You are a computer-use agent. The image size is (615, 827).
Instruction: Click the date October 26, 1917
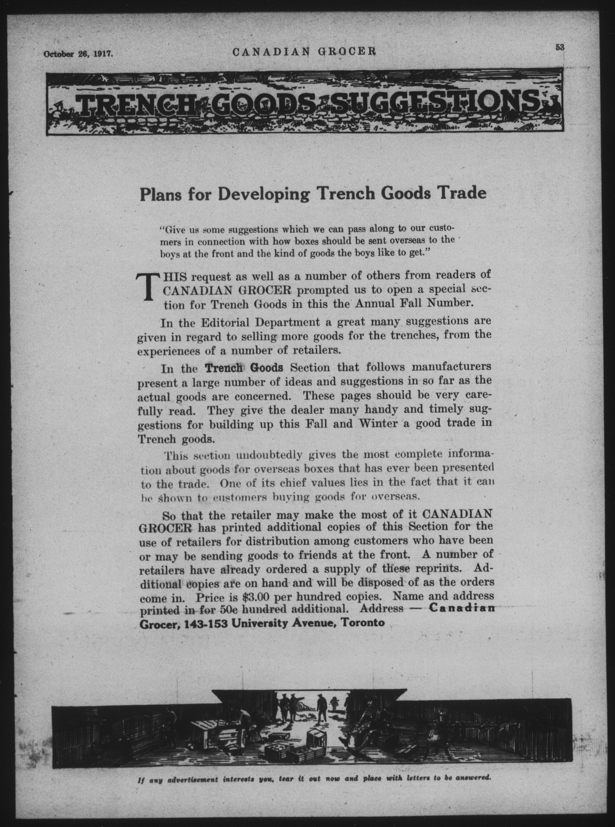pos(78,54)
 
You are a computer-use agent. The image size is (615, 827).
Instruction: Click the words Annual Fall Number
pos(413,303)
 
